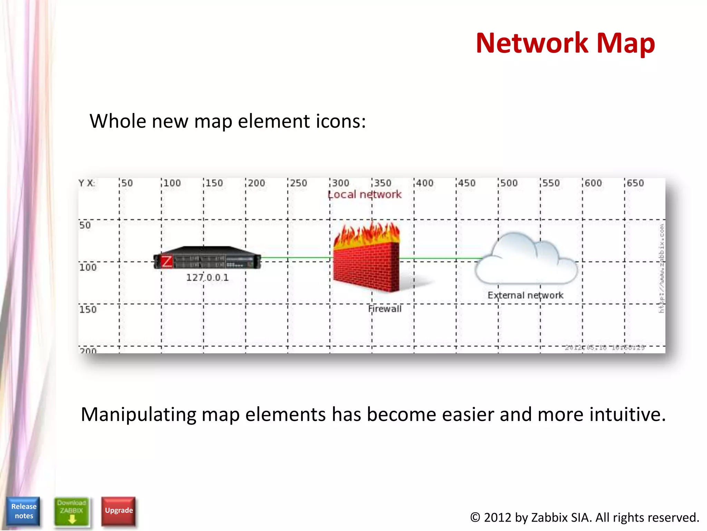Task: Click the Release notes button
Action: pyautogui.click(x=23, y=511)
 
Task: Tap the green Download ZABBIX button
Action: pyautogui.click(x=71, y=511)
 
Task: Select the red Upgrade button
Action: pyautogui.click(x=119, y=510)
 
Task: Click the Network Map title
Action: pyautogui.click(x=565, y=43)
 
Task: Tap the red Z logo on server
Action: pyautogui.click(x=166, y=261)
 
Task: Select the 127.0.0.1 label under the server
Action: pyautogui.click(x=207, y=278)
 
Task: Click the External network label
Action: pyautogui.click(x=525, y=295)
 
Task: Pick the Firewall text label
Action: pyautogui.click(x=385, y=309)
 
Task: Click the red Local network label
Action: pyautogui.click(x=365, y=195)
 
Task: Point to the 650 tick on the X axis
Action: pyautogui.click(x=635, y=183)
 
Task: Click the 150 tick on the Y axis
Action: pyautogui.click(x=88, y=309)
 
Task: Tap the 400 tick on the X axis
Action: pyautogui.click(x=425, y=183)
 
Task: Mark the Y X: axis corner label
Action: pyautogui.click(x=86, y=183)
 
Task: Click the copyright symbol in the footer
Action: pyautogui.click(x=475, y=518)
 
